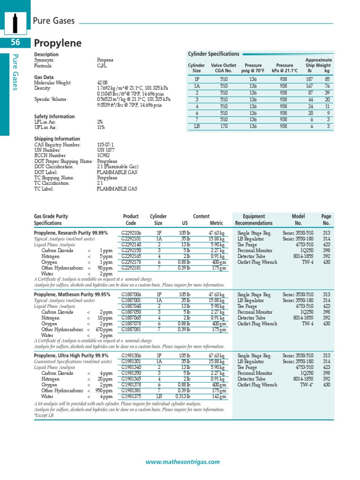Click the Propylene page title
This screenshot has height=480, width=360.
(58, 44)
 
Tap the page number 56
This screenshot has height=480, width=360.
(15, 43)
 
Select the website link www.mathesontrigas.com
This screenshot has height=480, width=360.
(182, 462)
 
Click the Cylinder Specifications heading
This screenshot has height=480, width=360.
(213, 54)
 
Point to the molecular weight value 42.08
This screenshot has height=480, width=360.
(102, 82)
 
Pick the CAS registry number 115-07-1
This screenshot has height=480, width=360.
(105, 144)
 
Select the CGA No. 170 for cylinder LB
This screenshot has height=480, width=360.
(224, 126)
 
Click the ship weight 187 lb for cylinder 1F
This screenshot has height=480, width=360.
(309, 80)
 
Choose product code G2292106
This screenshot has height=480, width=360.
(131, 232)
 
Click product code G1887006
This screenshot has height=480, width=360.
(131, 295)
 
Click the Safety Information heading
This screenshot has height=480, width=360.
(54, 116)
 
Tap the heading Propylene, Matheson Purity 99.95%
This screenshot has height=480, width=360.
(72, 295)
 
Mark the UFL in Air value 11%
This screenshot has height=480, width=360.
(101, 127)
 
